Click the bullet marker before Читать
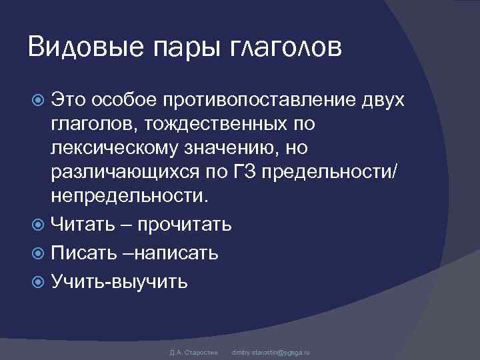(38, 223)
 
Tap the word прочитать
(185, 224)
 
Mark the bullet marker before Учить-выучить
(38, 281)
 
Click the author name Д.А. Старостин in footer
(191, 351)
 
